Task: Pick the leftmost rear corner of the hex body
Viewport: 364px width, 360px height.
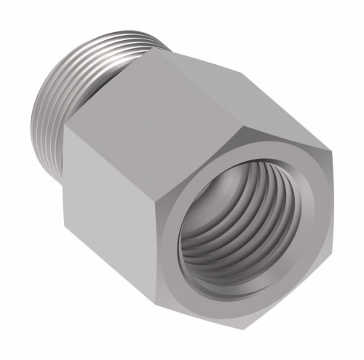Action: click(x=61, y=131)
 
